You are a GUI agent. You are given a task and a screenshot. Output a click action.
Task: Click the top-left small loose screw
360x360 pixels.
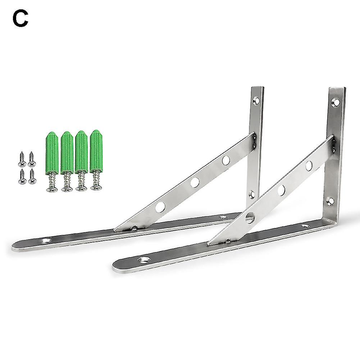22,159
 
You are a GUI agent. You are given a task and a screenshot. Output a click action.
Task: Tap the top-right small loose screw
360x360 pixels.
32,159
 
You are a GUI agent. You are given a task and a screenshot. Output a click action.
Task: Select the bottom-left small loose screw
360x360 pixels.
22,177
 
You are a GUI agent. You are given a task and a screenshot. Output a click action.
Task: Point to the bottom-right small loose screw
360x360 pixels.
32,177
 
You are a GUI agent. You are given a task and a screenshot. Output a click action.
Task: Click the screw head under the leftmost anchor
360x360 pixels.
52,189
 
